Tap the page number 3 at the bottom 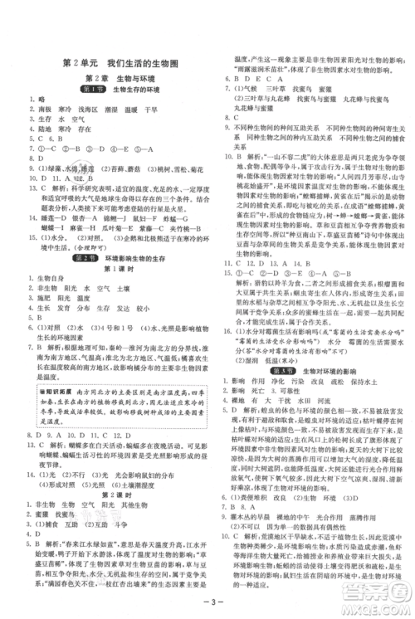click(x=207, y=602)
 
